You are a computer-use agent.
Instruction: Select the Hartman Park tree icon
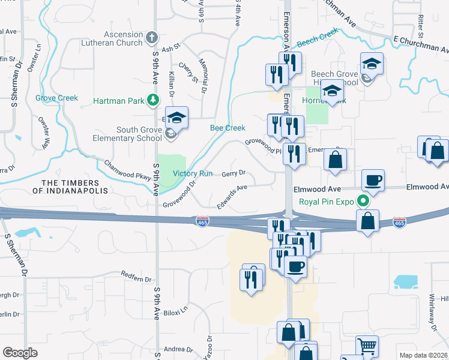[154, 100]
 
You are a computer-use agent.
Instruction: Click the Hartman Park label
[118, 101]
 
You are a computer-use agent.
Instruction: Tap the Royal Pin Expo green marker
[363, 202]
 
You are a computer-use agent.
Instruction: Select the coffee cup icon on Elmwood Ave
[373, 179]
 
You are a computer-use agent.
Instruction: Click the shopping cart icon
[367, 346]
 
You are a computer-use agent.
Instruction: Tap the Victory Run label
[193, 174]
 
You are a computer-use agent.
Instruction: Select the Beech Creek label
[318, 38]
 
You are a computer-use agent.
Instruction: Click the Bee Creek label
[228, 128]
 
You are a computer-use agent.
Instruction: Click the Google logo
[19, 353]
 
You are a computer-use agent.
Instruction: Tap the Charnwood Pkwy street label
[125, 171]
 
